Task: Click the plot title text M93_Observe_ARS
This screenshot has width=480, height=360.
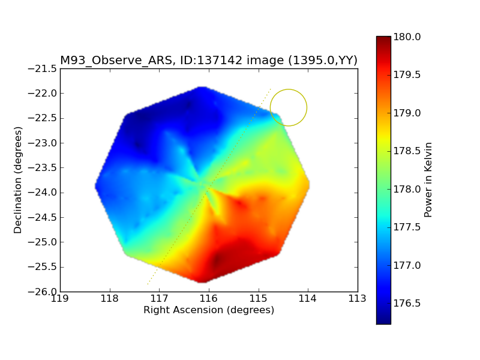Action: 116,61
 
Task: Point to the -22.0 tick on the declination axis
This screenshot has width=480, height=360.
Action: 43,94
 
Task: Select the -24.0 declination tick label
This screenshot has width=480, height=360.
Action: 43,193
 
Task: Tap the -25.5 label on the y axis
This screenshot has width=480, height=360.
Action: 43,267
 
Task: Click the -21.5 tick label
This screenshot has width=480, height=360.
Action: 43,68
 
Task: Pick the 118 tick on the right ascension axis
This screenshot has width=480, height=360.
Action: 110,298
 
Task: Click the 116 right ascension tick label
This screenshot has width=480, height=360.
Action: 209,298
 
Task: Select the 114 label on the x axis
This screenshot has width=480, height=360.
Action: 308,298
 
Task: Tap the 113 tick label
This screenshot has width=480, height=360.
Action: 357,298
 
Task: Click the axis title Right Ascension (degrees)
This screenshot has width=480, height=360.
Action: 209,310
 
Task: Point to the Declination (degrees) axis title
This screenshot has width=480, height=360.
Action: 18,181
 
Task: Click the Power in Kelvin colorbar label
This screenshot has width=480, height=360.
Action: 428,180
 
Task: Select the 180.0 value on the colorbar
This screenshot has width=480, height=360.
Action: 407,37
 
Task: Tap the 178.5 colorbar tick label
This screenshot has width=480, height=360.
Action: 407,151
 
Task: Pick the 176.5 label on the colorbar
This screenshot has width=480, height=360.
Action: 407,304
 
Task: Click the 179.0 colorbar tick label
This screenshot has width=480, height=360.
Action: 407,113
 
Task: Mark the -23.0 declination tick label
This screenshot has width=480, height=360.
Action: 43,143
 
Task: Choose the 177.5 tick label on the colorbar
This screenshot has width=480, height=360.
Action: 407,227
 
